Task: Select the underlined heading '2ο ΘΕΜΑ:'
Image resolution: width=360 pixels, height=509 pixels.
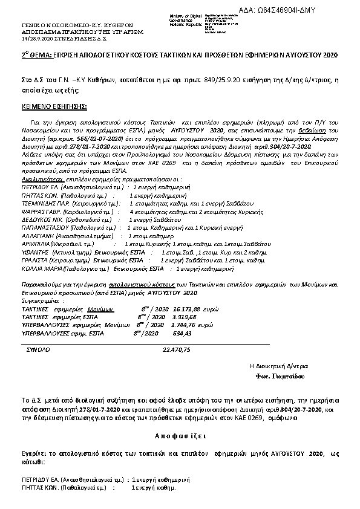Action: click(x=28, y=55)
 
